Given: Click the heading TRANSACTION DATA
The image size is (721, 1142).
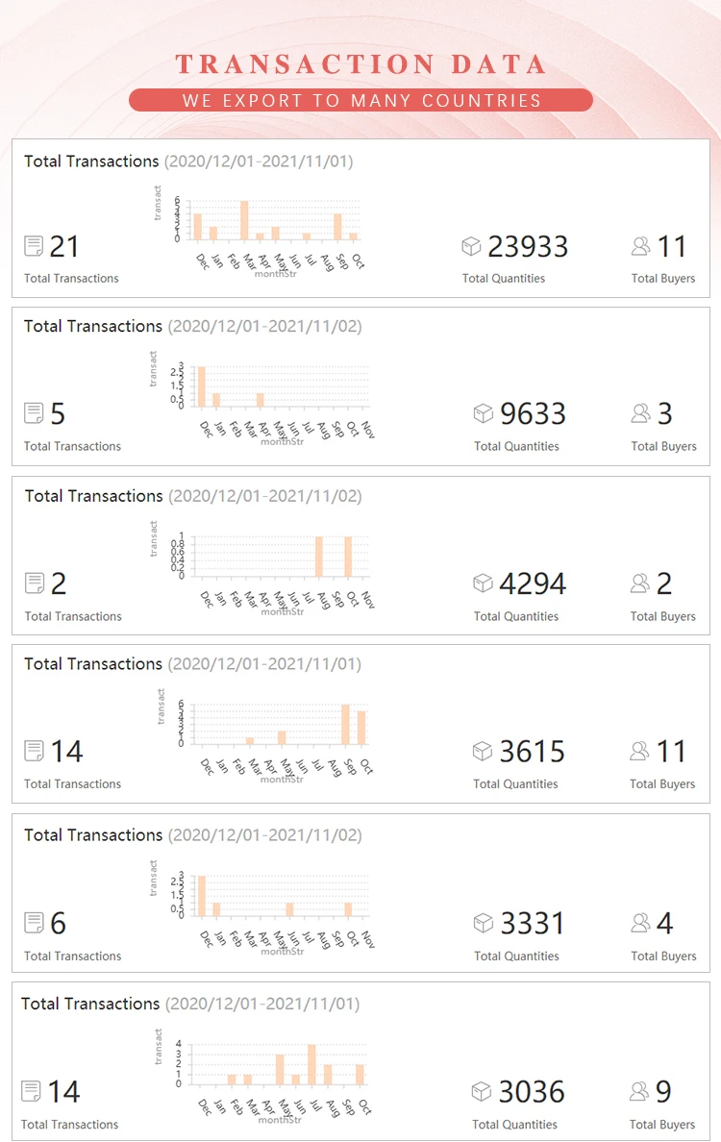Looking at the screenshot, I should [360, 65].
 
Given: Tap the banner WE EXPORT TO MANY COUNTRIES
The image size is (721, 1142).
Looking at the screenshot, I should [360, 100].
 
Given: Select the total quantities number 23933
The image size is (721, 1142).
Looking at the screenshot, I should [528, 247].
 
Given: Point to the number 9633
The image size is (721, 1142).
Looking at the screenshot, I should [533, 414].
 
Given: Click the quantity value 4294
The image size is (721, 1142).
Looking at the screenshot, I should [533, 583].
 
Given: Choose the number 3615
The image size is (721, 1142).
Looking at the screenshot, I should [533, 752].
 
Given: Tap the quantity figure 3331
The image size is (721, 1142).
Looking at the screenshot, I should [533, 924].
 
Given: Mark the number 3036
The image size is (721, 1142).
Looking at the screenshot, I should [532, 1092].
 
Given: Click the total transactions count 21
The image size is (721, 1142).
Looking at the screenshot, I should [64, 247].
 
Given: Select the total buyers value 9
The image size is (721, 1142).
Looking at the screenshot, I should [663, 1092].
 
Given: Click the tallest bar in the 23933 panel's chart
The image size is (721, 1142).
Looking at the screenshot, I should [244, 220].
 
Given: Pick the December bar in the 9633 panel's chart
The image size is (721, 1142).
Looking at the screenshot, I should [202, 386].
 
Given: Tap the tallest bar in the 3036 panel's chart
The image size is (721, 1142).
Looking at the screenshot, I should [311, 1064].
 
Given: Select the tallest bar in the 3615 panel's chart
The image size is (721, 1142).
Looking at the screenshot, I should [346, 724].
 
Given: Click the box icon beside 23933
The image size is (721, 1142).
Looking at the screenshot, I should [471, 247].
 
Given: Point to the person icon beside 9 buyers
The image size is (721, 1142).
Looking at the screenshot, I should [639, 1092].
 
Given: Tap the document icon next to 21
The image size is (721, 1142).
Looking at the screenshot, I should [34, 247].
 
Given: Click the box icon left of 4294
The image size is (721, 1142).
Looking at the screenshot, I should [483, 583].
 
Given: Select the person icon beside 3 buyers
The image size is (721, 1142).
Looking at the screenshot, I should [640, 414].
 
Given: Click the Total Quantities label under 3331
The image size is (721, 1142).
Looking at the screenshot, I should [516, 956].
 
